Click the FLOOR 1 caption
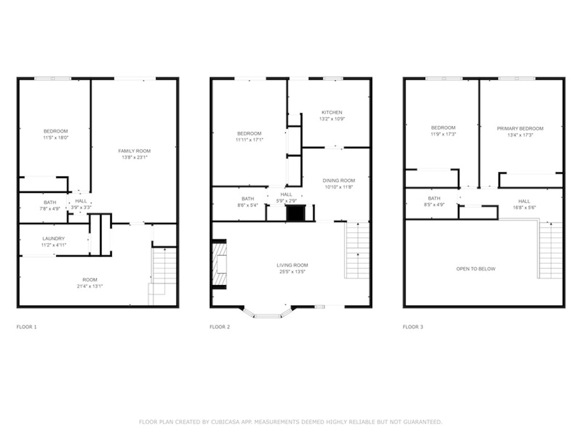click(x=26, y=327)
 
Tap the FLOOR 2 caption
click(x=220, y=327)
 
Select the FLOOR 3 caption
click(x=413, y=327)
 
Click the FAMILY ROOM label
click(x=134, y=151)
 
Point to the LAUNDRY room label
click(x=53, y=238)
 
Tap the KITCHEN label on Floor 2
click(x=332, y=112)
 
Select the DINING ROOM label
click(x=339, y=180)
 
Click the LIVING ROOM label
click(x=292, y=265)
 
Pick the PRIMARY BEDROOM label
click(x=520, y=129)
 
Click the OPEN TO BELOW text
click(x=476, y=269)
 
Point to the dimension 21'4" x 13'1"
click(x=90, y=286)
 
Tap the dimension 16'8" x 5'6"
click(x=524, y=208)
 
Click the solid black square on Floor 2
click(x=296, y=213)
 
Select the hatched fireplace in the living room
click(x=219, y=264)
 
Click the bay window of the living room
click(x=267, y=313)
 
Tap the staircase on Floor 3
click(x=550, y=250)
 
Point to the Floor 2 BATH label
click(x=248, y=199)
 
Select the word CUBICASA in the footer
click(x=224, y=422)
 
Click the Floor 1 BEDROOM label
click(x=56, y=131)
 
